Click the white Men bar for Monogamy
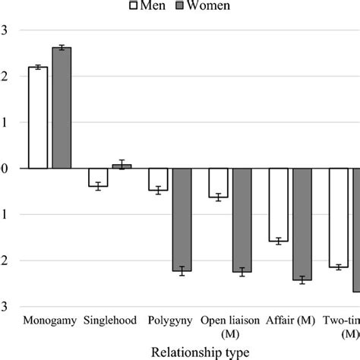38,118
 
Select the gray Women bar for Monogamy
61,108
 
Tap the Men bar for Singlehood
98,177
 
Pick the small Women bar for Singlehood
121,166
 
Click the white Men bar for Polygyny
158,179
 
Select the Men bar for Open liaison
219,183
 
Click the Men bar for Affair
279,204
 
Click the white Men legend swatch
133,6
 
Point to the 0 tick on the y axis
5,169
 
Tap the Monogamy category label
50,321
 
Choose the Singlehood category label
110,321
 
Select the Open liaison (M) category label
230,327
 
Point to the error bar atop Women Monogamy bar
61,47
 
